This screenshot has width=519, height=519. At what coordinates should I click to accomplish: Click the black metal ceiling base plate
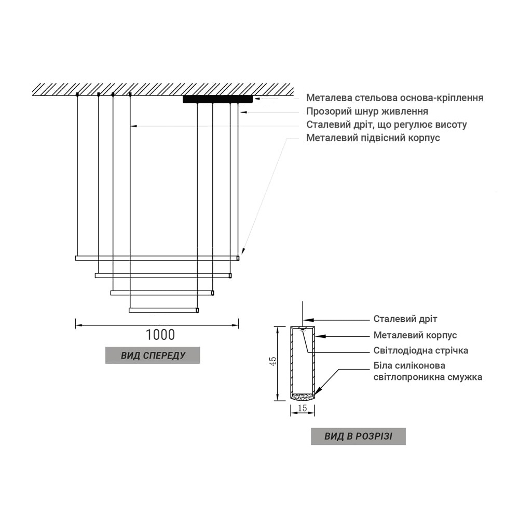pyautogui.click(x=217, y=99)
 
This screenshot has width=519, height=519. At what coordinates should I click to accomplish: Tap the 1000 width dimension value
pyautogui.click(x=160, y=335)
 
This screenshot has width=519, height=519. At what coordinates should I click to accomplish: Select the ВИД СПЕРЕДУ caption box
pyautogui.click(x=153, y=356)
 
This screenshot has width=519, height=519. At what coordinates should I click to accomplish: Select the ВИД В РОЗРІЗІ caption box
pyautogui.click(x=358, y=436)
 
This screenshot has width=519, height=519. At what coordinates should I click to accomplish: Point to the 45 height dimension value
pyautogui.click(x=273, y=361)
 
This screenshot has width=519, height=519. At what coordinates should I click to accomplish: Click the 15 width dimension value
pyautogui.click(x=303, y=408)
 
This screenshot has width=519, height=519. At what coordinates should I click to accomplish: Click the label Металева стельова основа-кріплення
pyautogui.click(x=394, y=98)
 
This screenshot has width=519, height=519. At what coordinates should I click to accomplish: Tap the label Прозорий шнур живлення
pyautogui.click(x=367, y=111)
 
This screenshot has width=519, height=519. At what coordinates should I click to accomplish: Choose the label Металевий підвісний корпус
pyautogui.click(x=373, y=138)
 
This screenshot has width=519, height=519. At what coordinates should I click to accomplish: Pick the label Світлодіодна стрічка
pyautogui.click(x=421, y=350)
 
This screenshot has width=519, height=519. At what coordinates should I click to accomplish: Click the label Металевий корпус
pyautogui.click(x=415, y=335)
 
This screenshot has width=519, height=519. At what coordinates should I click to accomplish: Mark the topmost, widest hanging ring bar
pyautogui.click(x=157, y=258)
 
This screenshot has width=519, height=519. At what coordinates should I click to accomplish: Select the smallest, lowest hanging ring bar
pyautogui.click(x=164, y=310)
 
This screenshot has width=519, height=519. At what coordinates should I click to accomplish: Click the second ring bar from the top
pyautogui.click(x=163, y=276)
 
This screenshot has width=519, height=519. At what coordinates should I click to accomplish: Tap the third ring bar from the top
pyautogui.click(x=162, y=293)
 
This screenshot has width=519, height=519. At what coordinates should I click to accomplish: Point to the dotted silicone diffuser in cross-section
pyautogui.click(x=303, y=396)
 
